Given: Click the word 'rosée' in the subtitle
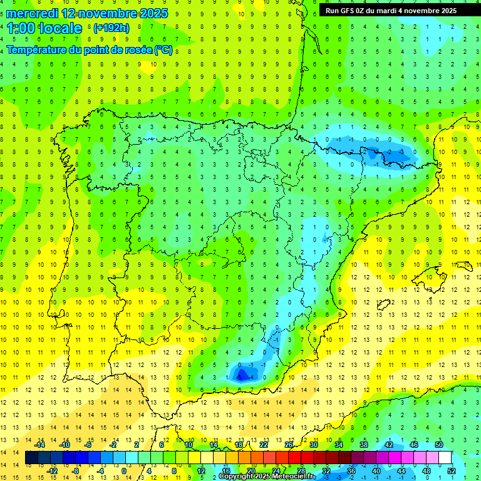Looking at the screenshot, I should click(137, 51).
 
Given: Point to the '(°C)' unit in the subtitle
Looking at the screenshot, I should click(163, 51).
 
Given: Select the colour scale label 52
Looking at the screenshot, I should click(452, 471).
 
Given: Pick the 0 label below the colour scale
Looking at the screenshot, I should click(124, 471).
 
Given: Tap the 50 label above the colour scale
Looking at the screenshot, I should click(439, 445).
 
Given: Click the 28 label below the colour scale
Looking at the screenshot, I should click(301, 471).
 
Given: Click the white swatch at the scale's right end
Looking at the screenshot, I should click(445, 458).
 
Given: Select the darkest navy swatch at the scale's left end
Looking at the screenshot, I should click(31, 458).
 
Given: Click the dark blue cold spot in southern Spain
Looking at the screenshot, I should click(240, 374).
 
